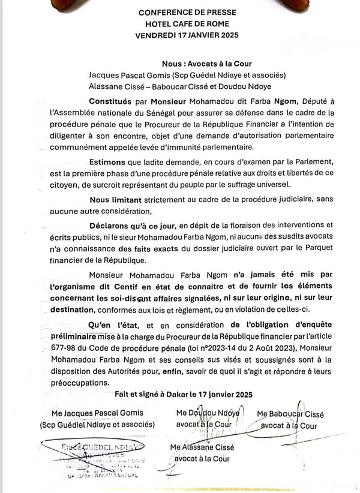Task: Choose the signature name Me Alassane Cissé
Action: [x=201, y=447]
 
